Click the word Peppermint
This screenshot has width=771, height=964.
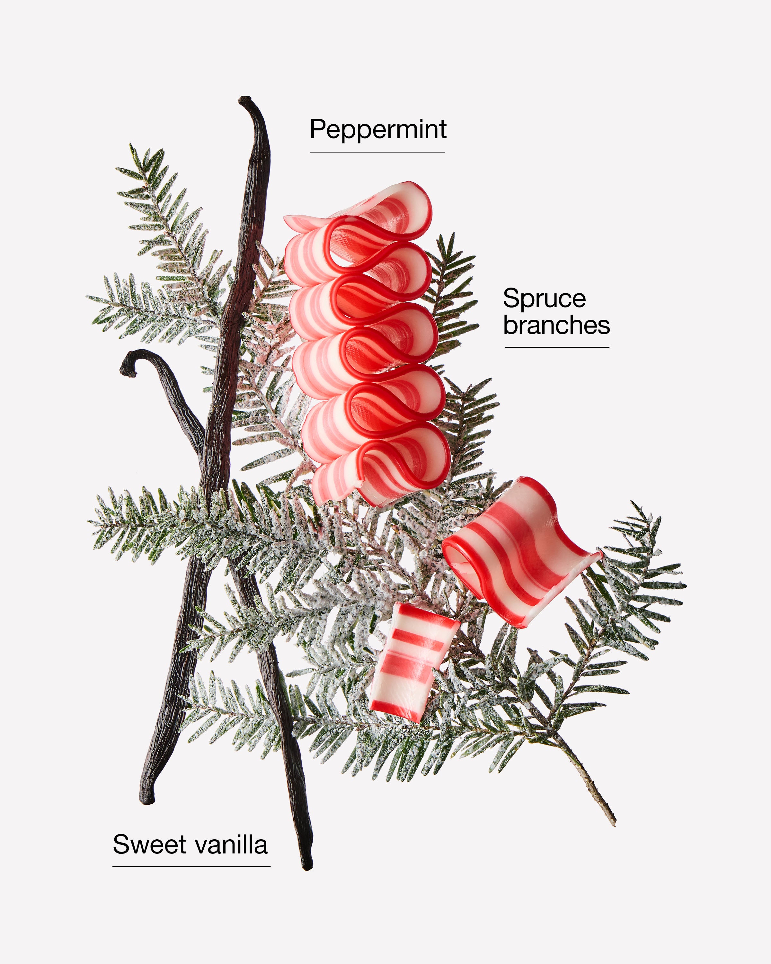tap(378, 130)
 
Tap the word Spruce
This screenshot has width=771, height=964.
tap(544, 298)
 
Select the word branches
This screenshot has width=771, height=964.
tap(556, 325)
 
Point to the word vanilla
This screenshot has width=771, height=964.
tap(231, 844)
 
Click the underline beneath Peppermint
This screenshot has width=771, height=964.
tap(377, 152)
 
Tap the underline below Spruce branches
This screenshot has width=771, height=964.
tap(557, 347)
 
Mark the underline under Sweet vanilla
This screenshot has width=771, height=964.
tap(191, 866)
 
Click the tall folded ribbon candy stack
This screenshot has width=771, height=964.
tap(367, 344)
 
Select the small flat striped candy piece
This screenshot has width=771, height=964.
tap(413, 662)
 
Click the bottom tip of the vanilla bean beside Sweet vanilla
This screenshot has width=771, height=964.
tap(307, 867)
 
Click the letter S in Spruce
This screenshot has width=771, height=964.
tap(512, 298)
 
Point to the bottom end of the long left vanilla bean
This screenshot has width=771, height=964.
tap(146, 800)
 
